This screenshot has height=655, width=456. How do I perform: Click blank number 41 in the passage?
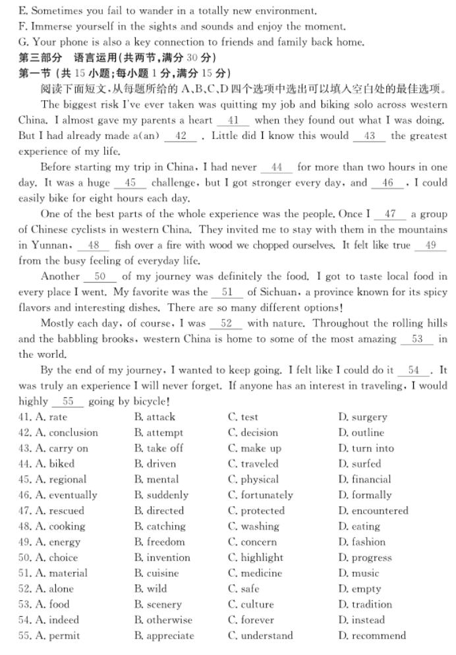click(x=233, y=121)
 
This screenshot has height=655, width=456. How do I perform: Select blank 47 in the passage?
click(x=390, y=214)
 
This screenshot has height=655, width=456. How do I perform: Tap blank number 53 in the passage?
click(x=417, y=339)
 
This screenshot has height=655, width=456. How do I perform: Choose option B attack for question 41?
click(x=155, y=417)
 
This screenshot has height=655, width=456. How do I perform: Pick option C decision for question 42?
click(x=253, y=433)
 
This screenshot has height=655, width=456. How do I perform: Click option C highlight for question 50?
click(x=256, y=557)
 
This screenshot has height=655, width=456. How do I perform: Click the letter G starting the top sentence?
click(x=22, y=42)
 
